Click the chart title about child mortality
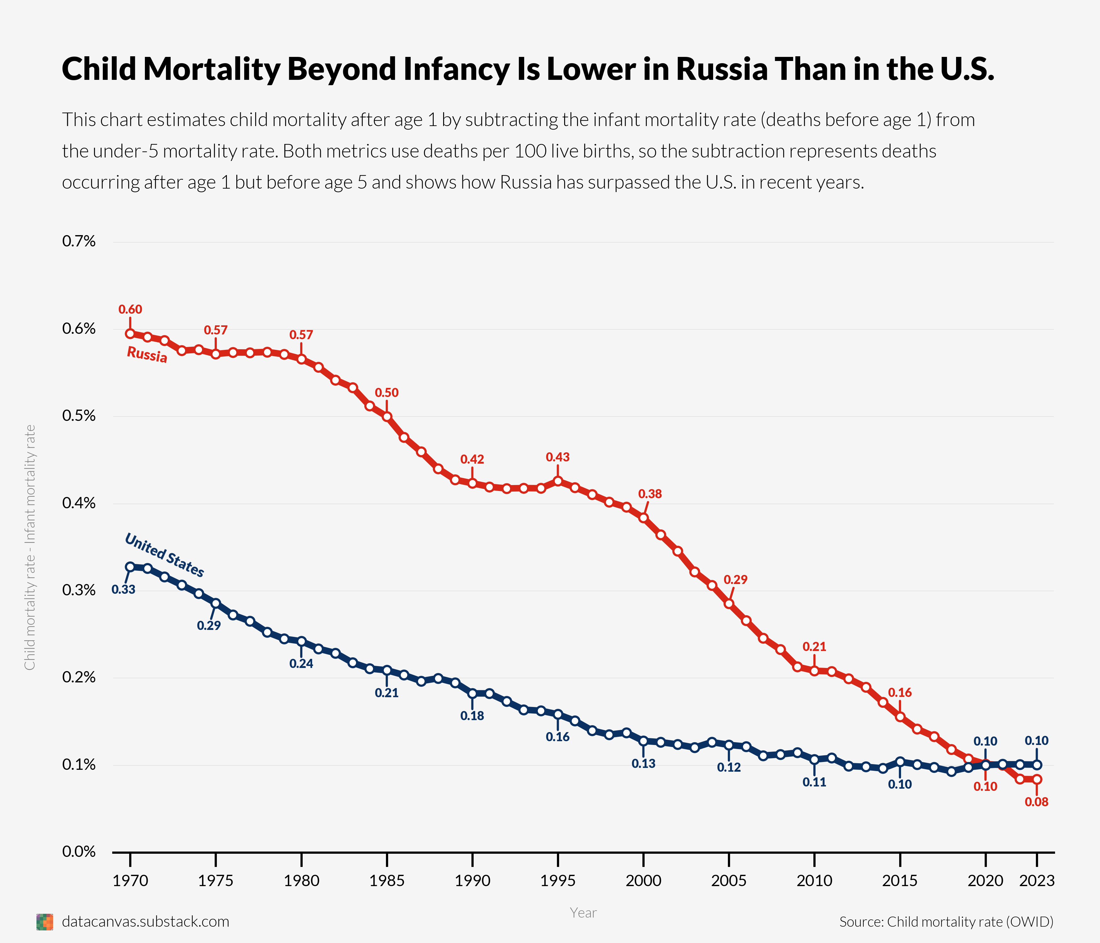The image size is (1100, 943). [x=528, y=69]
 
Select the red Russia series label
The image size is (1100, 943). [x=147, y=354]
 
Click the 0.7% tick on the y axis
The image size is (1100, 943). [x=79, y=242]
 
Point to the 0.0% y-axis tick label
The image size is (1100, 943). [x=79, y=852]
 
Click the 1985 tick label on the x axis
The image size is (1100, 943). [x=387, y=881]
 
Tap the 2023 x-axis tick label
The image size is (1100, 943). [x=1037, y=881]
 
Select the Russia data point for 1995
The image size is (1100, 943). [x=558, y=481]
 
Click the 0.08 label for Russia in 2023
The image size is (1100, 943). [x=1036, y=802]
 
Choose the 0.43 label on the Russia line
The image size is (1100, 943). [x=558, y=457]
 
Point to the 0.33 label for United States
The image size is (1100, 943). [x=123, y=589]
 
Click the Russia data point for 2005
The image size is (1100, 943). [x=729, y=604]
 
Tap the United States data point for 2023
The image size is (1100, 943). [x=1037, y=764]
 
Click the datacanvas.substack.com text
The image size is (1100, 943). [x=146, y=922]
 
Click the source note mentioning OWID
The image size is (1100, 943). [x=946, y=922]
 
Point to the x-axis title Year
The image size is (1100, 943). [x=583, y=913]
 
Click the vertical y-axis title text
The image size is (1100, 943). [x=30, y=547]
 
